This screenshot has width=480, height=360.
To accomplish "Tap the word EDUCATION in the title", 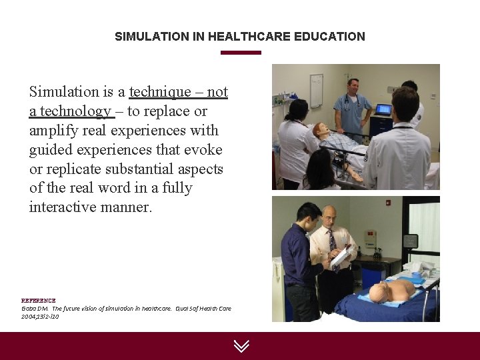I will [x=333, y=37].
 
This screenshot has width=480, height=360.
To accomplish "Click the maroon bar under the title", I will [x=241, y=53].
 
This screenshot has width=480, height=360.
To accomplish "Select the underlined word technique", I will [x=159, y=92].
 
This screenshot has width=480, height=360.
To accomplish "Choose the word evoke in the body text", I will [x=205, y=149].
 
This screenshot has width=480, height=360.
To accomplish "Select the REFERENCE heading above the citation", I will [x=39, y=301].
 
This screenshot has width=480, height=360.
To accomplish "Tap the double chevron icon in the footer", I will [x=241, y=345].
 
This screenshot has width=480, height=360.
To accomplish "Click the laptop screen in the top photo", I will [x=383, y=109].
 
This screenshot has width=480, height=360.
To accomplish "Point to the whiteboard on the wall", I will [x=316, y=91].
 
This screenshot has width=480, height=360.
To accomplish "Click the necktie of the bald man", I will [x=333, y=242].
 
